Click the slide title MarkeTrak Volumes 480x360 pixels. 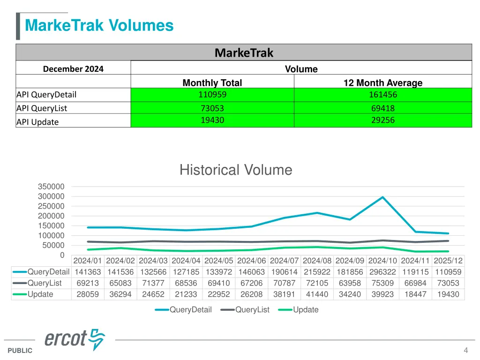tap(99, 25)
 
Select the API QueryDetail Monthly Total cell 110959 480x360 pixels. tap(212, 94)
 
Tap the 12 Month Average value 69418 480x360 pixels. tap(382, 108)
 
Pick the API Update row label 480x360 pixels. tap(38, 122)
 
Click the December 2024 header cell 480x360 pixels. tap(73, 69)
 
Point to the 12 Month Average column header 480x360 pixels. tap(382, 83)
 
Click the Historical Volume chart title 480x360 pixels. tap(236, 170)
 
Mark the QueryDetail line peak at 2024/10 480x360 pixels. tap(382, 197)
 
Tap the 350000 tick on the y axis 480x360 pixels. tap(51, 187)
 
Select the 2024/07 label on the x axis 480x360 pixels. tap(284, 261)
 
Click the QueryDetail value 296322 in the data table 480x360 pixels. tap(382, 272)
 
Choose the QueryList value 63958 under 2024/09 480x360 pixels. tap(350, 283)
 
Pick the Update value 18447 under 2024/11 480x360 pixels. tap(415, 294)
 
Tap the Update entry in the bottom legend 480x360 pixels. tap(306, 310)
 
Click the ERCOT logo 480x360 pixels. tap(75, 338)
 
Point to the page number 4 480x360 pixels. tap(465, 350)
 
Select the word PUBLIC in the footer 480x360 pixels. tap(20, 351)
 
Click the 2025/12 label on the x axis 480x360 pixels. tap(448, 261)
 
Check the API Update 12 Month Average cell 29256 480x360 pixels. tap(382, 120)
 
